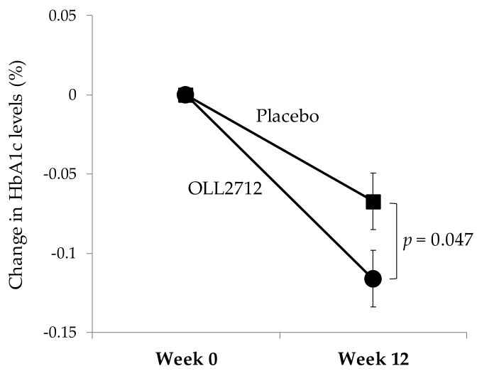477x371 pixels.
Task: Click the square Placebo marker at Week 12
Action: pos(373,202)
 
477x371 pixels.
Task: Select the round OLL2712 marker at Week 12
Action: pos(373,279)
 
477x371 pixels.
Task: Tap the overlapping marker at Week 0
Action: pos(185,95)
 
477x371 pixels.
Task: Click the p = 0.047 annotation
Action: pos(437,240)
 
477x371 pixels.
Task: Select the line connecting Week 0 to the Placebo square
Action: pos(277,148)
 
